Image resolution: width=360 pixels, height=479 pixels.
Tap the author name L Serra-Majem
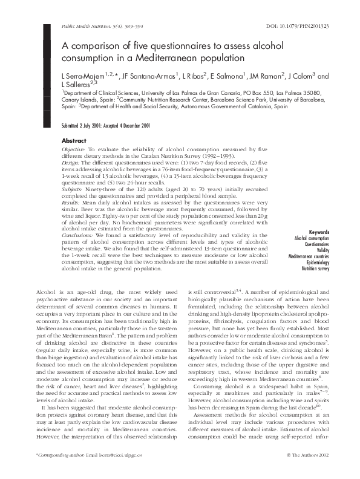(83, 76)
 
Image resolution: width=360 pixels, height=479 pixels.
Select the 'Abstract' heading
(74, 140)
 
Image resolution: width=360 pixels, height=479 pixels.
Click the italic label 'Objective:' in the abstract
(75, 148)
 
